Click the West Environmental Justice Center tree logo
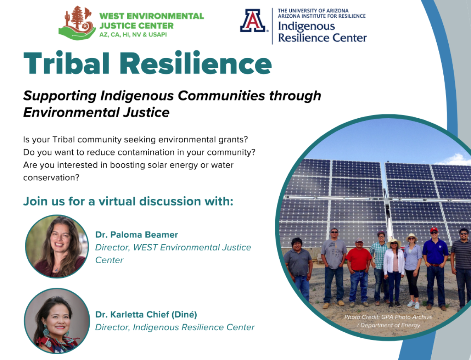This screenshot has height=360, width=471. coord(77,23)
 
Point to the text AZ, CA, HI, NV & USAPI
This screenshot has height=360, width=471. coord(133,35)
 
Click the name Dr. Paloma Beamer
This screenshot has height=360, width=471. coord(136,235)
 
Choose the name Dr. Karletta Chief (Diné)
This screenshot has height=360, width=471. coord(146,315)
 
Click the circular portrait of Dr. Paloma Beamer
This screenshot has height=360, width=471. coord(57,246)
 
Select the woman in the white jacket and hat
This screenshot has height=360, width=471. coord(393,271)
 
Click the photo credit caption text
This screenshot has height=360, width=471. coord(388,321)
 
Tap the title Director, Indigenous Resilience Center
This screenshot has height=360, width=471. coord(175,327)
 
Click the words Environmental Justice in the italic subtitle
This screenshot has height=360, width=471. coord(96,112)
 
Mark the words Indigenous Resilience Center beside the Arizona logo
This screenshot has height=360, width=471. coord(322,32)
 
